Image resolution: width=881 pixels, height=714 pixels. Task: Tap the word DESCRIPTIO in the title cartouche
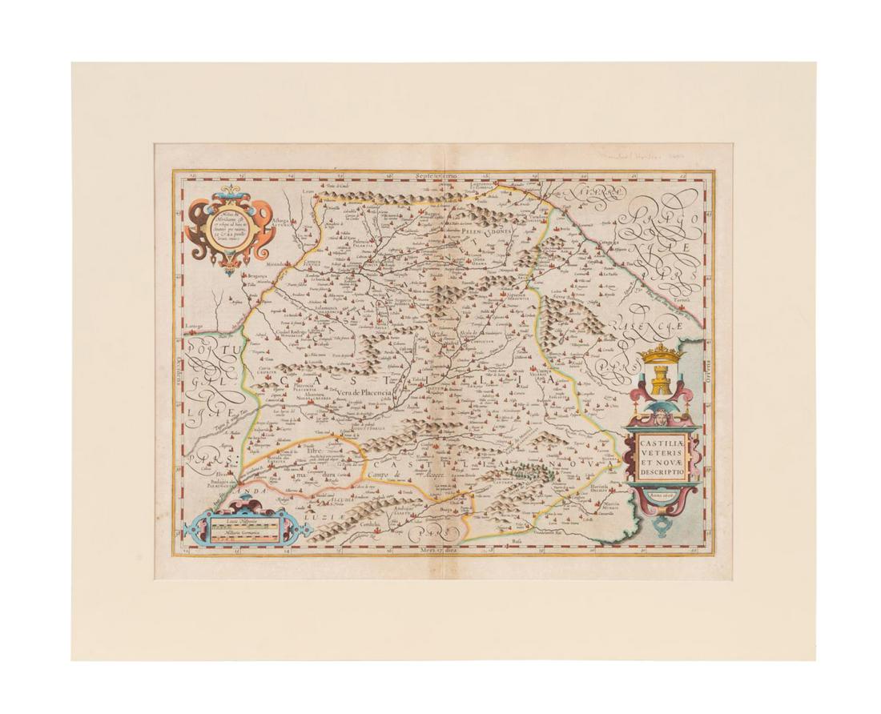coord(661,473)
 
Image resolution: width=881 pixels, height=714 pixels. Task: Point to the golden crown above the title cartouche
coord(662,352)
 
